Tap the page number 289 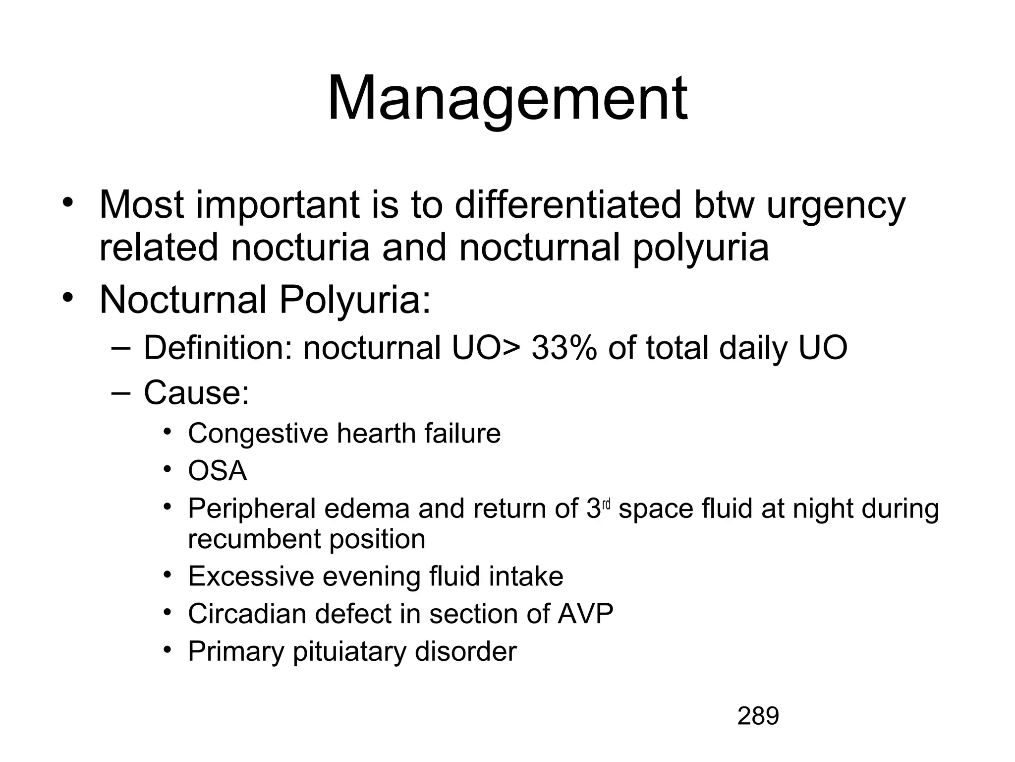click(758, 716)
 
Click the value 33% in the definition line click(564, 348)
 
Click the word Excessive click(251, 576)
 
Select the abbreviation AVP click(585, 614)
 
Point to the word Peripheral click(252, 509)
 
